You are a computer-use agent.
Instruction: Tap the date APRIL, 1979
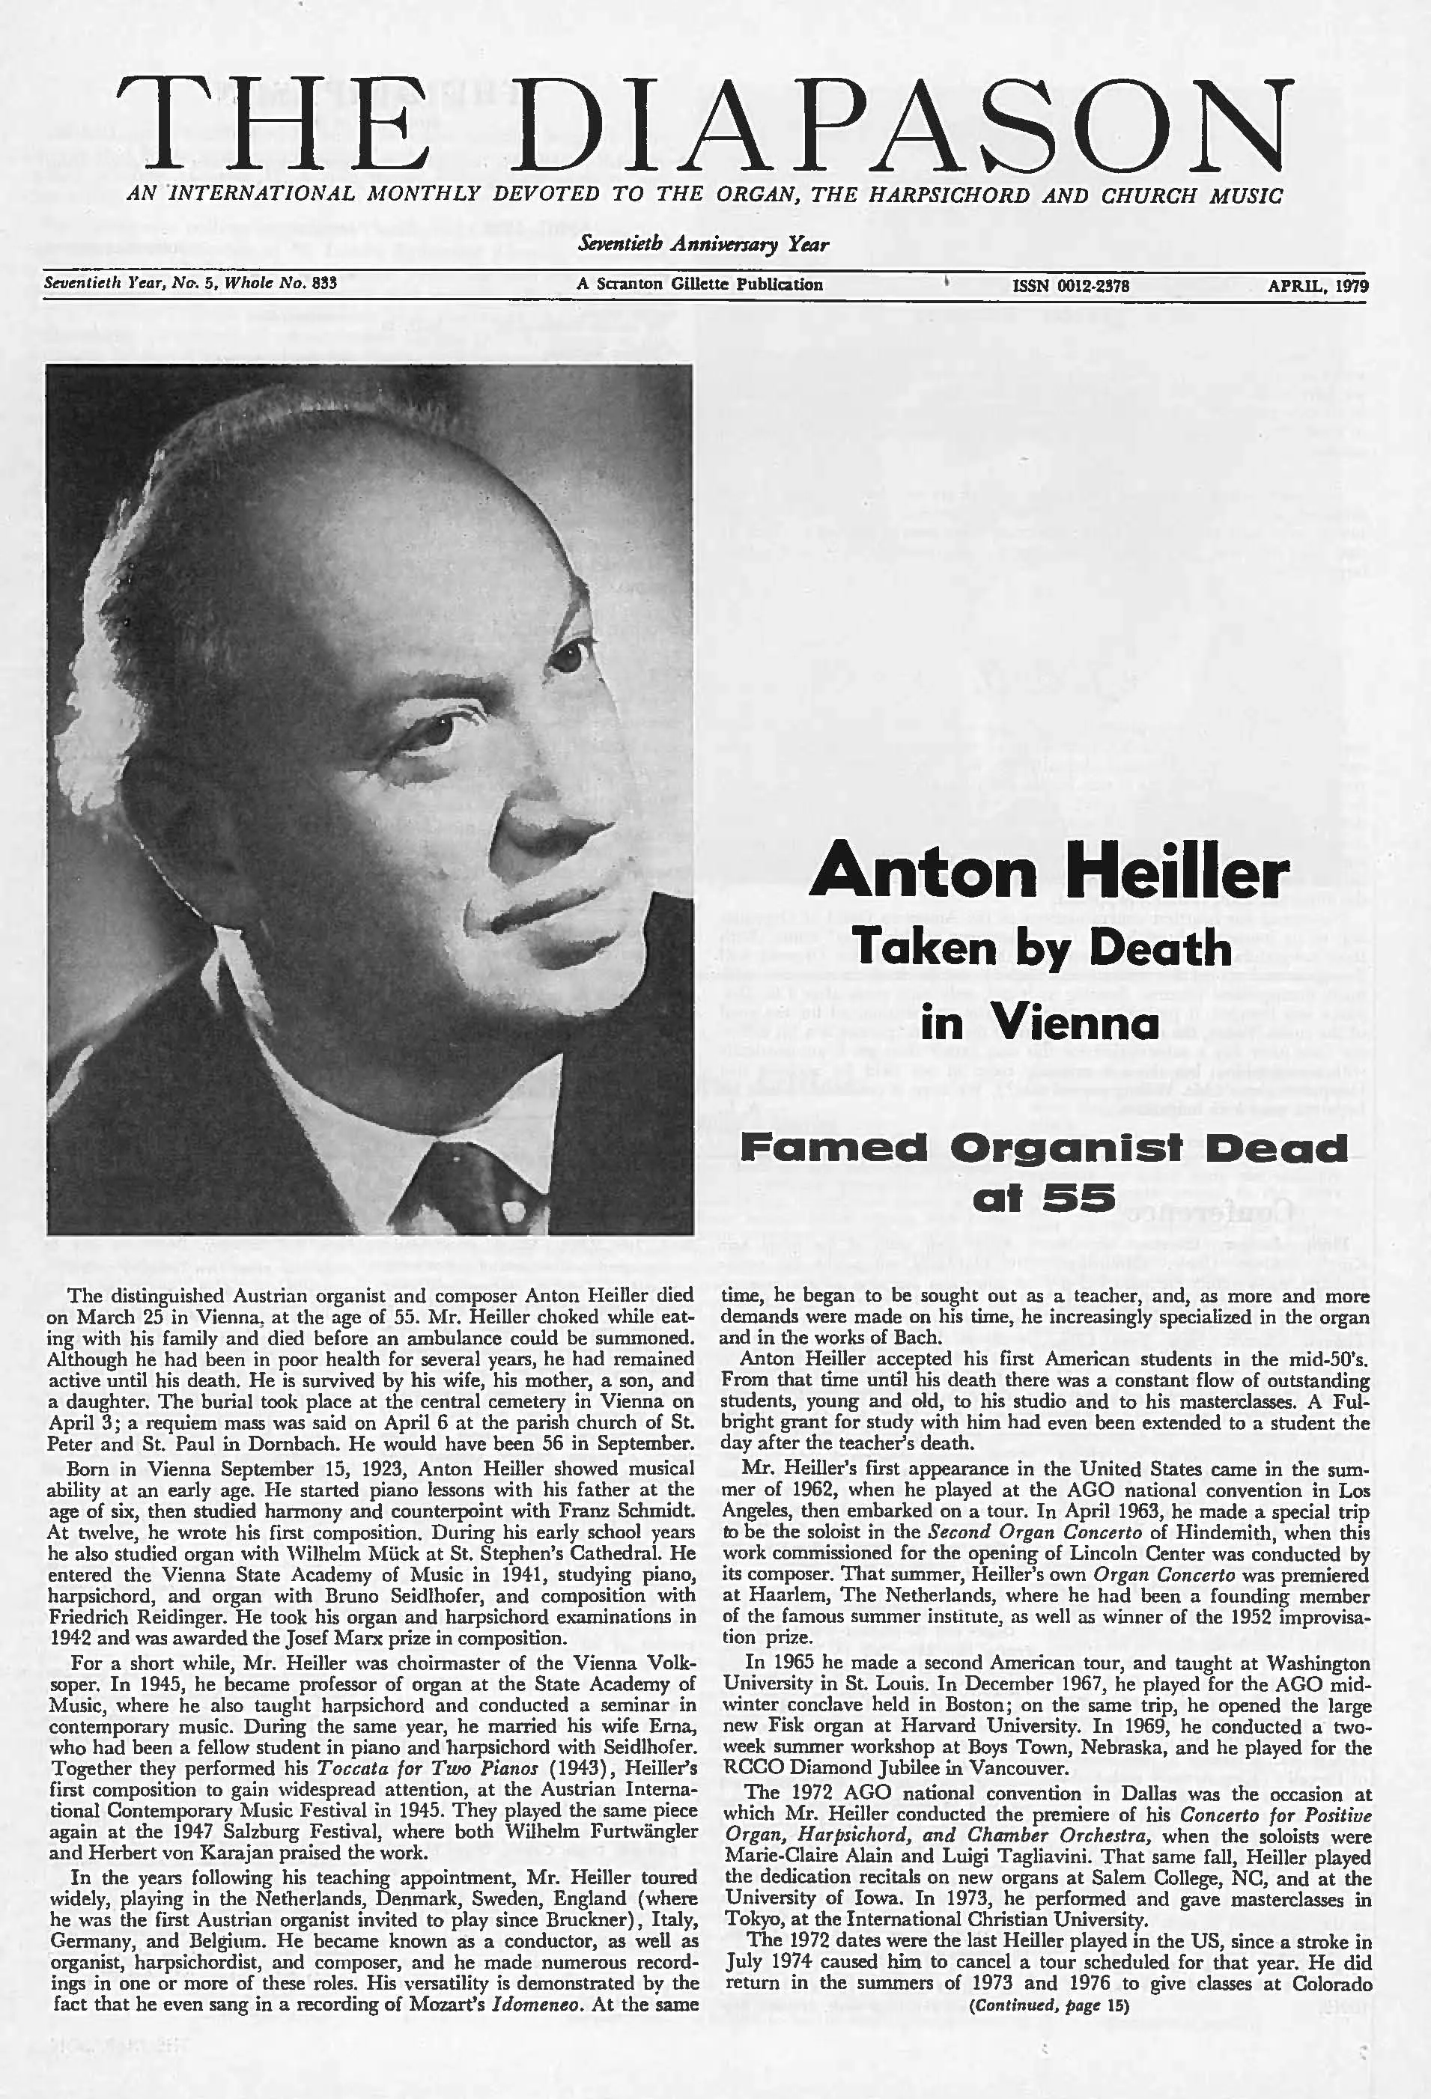[x=1318, y=285]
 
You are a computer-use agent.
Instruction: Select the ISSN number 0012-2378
[x=1071, y=285]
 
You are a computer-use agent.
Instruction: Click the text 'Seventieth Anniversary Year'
[x=703, y=244]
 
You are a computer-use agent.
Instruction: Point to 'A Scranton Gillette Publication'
[x=699, y=285]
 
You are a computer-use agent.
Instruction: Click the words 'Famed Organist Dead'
[x=1043, y=1148]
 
